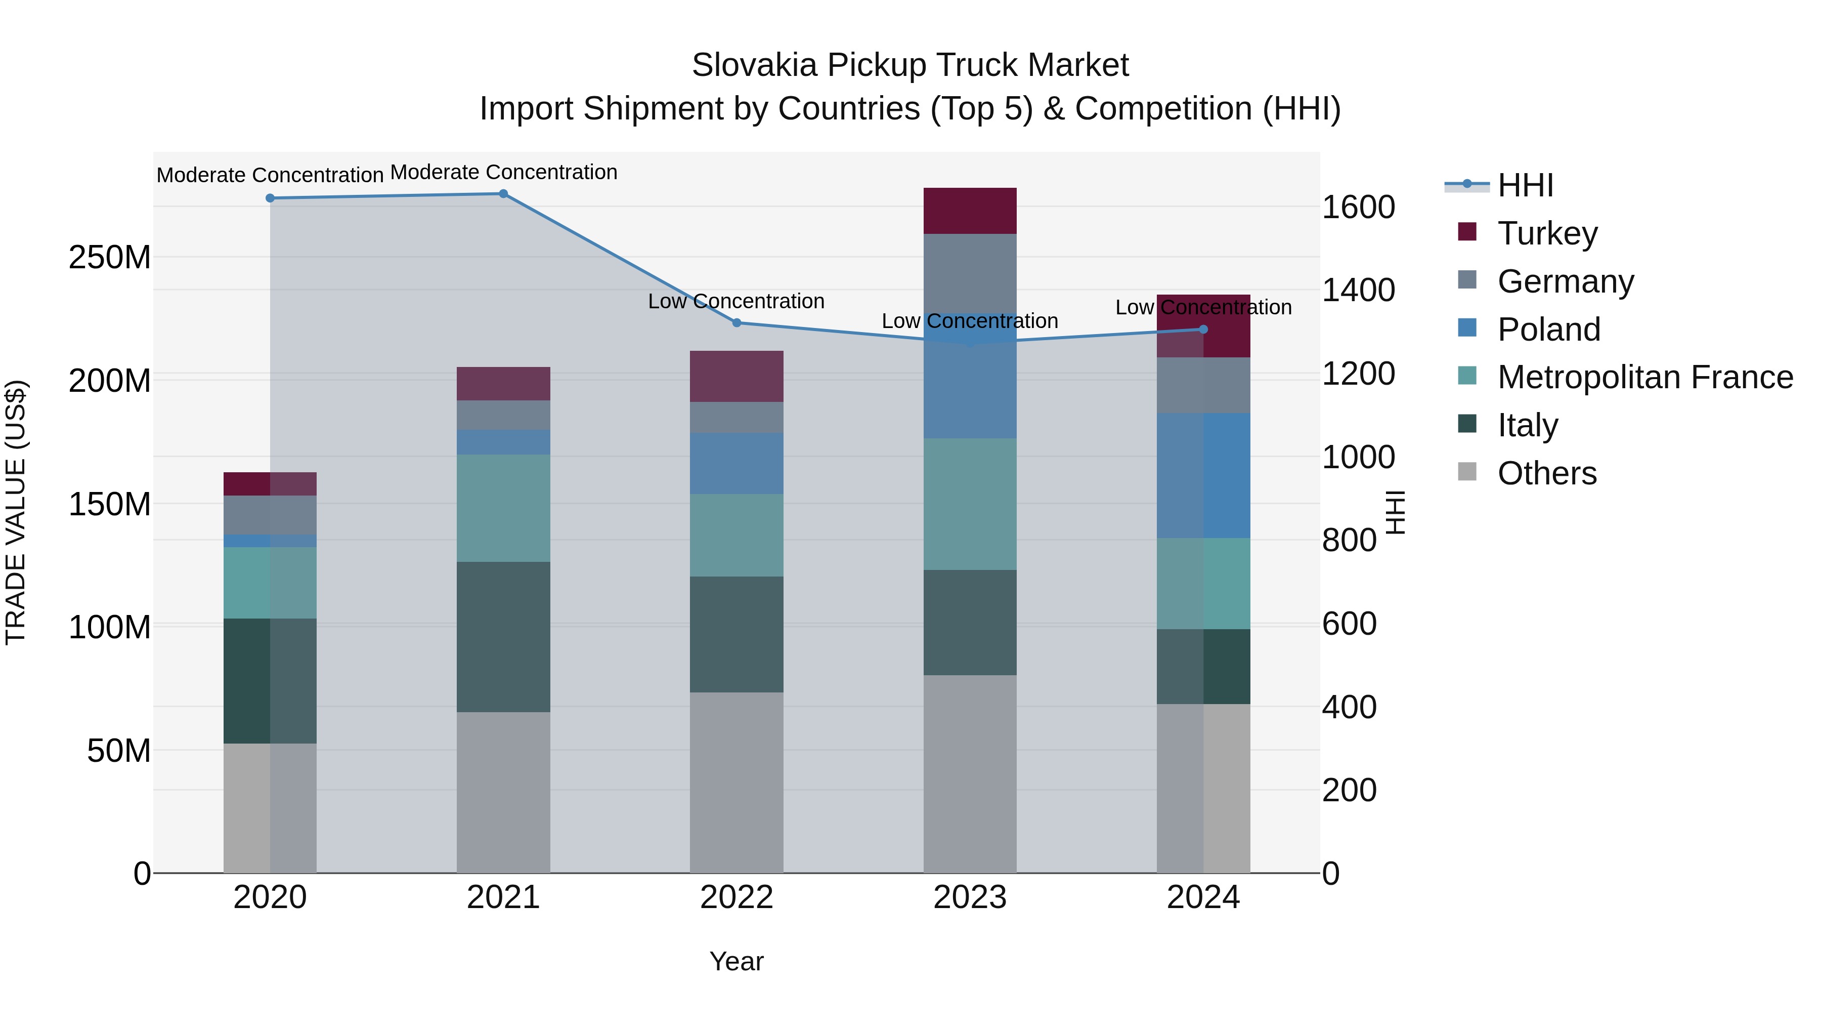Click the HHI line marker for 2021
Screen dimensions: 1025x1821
(x=503, y=194)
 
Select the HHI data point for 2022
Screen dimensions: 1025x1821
(x=736, y=322)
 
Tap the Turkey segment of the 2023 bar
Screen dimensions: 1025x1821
(x=970, y=211)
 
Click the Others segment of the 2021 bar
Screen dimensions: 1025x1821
(x=503, y=792)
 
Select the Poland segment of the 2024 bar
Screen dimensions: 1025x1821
(x=1203, y=475)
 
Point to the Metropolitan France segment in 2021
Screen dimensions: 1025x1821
(x=503, y=508)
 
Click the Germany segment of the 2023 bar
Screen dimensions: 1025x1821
(x=970, y=273)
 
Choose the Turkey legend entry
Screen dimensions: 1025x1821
(x=1547, y=233)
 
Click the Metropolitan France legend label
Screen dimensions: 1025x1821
(x=1645, y=377)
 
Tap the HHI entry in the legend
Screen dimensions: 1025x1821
(x=1525, y=185)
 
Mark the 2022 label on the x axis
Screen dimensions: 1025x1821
(x=736, y=897)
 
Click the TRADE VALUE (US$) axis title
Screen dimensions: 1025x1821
(x=16, y=512)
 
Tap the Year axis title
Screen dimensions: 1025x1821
(x=736, y=961)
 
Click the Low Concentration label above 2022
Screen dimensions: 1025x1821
(x=736, y=301)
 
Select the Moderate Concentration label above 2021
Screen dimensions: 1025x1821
(x=503, y=172)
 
